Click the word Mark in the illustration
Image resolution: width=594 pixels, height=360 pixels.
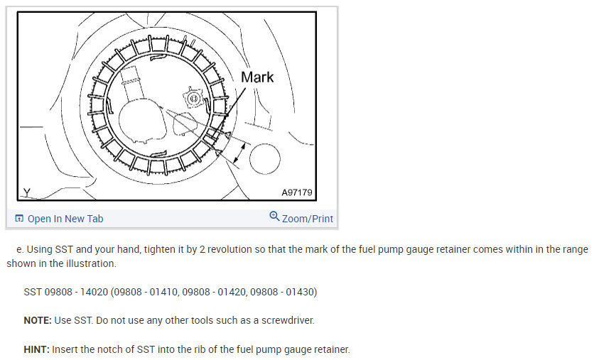pos(257,77)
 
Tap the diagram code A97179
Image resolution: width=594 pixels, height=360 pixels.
pos(296,192)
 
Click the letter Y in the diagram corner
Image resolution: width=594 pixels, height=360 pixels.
pos(27,192)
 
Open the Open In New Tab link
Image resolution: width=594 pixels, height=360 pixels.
pos(65,219)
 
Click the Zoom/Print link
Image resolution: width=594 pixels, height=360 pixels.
pos(307,219)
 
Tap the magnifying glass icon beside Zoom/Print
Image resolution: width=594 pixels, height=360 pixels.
pos(274,217)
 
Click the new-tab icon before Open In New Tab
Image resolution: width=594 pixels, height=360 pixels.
pos(19,219)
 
